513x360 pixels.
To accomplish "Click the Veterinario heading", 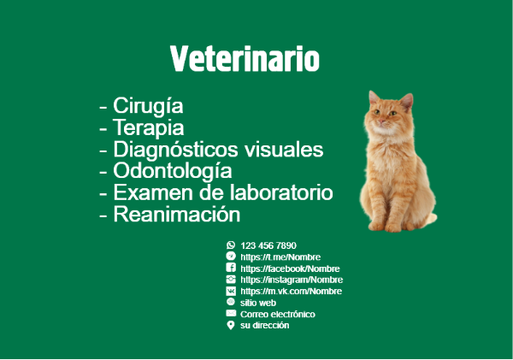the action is (x=245, y=59).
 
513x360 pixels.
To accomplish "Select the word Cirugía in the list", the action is (x=148, y=106).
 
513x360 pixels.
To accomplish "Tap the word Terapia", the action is (x=148, y=127).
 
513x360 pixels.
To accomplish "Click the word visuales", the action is (x=284, y=150).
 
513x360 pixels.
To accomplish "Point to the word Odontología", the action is (x=173, y=171).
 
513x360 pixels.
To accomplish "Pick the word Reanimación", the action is (x=177, y=215).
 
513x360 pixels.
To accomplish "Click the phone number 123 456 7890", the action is (x=268, y=245).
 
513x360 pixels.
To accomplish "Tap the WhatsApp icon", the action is (x=231, y=245).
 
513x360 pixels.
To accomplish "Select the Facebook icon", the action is (x=231, y=268).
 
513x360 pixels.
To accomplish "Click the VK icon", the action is (x=231, y=291).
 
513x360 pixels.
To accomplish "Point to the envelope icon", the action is (x=231, y=313).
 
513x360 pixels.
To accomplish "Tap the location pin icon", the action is (x=231, y=325).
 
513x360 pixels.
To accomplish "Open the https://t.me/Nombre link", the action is (x=280, y=257).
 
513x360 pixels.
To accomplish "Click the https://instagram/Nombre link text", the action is (x=292, y=280).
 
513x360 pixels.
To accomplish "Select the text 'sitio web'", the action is (x=258, y=303).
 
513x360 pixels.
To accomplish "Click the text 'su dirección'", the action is (x=264, y=325).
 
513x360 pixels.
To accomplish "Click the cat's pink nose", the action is (x=381, y=121).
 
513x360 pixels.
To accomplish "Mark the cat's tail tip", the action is (x=434, y=217).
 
